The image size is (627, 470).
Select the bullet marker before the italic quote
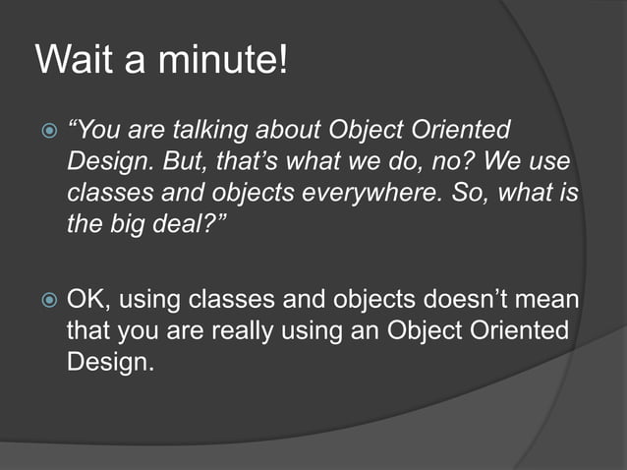point(44,131)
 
